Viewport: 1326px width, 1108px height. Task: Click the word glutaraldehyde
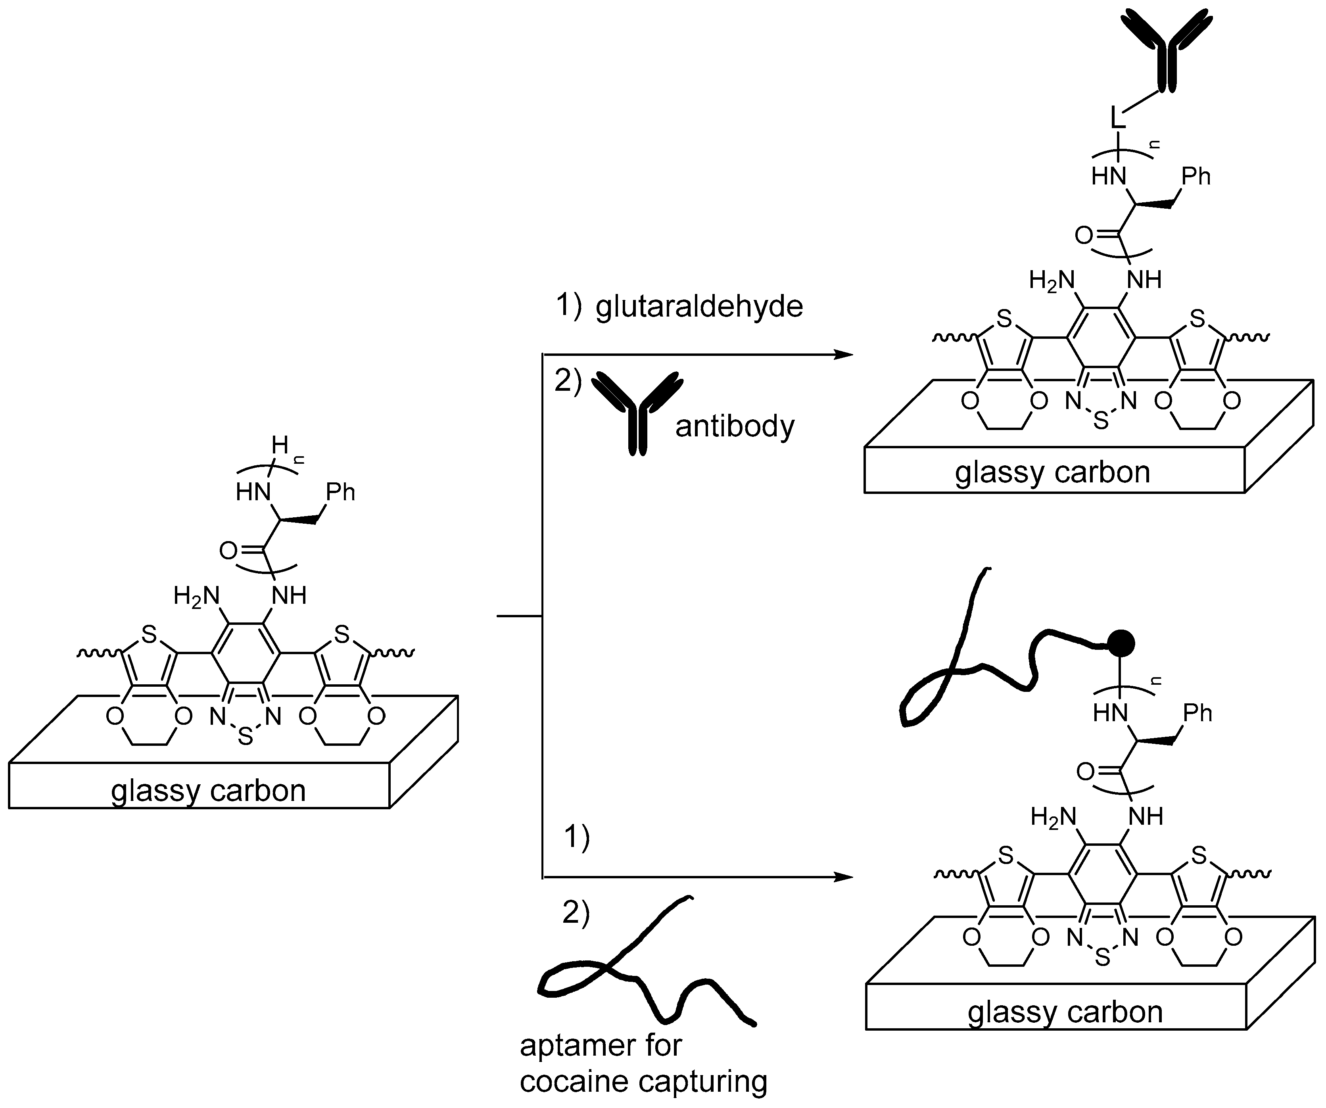click(699, 307)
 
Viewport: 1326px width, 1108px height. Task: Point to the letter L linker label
click(1118, 118)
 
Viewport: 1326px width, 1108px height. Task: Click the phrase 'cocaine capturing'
click(643, 1081)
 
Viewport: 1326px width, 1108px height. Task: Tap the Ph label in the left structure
click(340, 492)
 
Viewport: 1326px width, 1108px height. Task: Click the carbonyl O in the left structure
click(228, 551)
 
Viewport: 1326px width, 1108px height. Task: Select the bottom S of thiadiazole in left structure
click(245, 737)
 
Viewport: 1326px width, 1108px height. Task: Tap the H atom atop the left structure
click(279, 446)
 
